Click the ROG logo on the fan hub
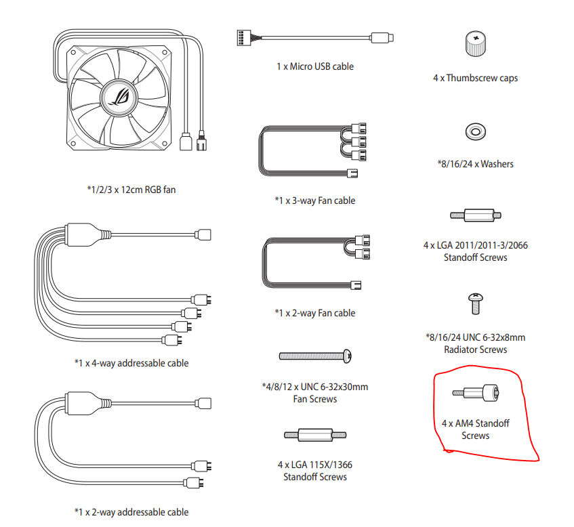click(119, 98)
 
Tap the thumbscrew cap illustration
click(476, 43)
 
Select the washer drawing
click(476, 131)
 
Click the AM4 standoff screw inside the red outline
click(476, 393)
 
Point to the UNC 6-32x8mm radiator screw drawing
click(476, 303)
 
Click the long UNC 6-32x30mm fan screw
click(315, 356)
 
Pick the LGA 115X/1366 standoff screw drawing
click(315, 435)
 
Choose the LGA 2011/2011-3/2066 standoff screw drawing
click(476, 215)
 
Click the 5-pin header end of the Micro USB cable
click(244, 37)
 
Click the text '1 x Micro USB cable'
click(315, 66)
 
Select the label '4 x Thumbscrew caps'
click(476, 78)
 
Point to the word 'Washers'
click(497, 164)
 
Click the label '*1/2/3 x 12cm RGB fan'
click(131, 190)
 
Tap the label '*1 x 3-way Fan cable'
click(315, 201)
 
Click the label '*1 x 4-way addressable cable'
click(131, 363)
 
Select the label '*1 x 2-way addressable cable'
click(131, 512)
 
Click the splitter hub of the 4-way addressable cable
click(83, 234)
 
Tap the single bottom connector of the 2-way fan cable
click(356, 285)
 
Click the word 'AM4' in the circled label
click(464, 423)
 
